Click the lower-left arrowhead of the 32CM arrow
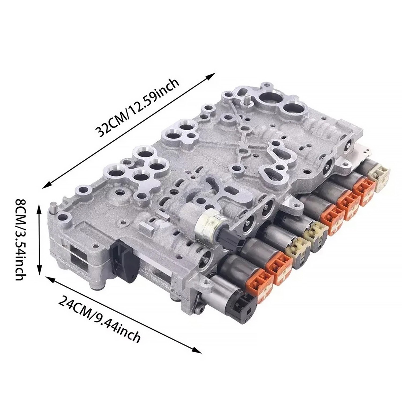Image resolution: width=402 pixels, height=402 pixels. pyautogui.click(x=47, y=185)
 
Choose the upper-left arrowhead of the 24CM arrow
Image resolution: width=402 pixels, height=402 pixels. pyautogui.click(x=50, y=279)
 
